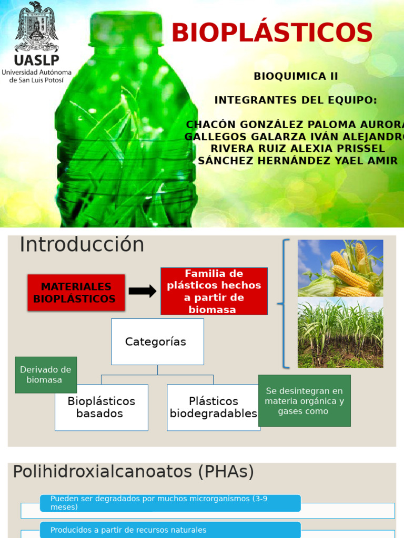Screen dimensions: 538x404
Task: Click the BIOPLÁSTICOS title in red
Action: click(x=272, y=33)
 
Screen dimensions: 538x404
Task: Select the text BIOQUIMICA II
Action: click(x=296, y=76)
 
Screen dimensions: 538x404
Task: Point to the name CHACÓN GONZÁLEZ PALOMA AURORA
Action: click(x=295, y=125)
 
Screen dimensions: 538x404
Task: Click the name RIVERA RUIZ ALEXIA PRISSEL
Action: click(x=298, y=149)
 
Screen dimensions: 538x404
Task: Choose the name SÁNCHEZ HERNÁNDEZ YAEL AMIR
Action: click(x=298, y=161)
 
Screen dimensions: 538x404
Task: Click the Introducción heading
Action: click(x=82, y=245)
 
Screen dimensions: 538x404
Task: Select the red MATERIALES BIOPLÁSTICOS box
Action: click(x=76, y=293)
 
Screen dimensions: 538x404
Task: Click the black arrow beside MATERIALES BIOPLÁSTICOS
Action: click(x=143, y=291)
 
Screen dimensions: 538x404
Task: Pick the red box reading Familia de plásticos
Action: click(x=214, y=291)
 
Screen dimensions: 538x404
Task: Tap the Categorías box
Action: click(x=157, y=342)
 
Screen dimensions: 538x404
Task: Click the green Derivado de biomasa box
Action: click(x=46, y=375)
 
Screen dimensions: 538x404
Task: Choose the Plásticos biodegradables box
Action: click(x=213, y=408)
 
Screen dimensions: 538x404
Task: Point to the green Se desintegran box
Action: click(x=304, y=400)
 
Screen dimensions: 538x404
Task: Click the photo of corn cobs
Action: click(x=340, y=268)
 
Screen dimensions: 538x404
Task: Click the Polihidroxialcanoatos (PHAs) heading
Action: click(x=134, y=472)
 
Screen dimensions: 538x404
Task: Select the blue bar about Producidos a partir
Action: click(x=170, y=530)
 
